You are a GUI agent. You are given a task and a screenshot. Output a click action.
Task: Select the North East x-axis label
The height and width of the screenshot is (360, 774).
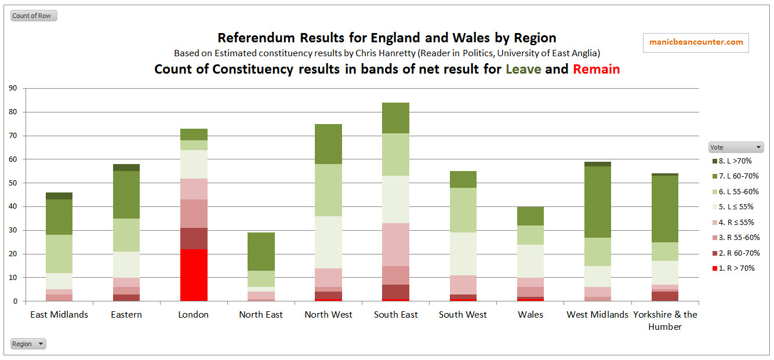pos(261,315)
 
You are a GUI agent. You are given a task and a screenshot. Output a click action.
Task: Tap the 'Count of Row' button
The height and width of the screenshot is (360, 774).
pos(34,16)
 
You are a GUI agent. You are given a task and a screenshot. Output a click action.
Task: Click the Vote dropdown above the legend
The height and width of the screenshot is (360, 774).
pos(736,147)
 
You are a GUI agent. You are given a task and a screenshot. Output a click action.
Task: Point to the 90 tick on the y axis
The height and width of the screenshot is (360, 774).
pos(13,88)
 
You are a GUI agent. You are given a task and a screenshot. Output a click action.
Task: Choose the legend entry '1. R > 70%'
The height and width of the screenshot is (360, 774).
pos(735,268)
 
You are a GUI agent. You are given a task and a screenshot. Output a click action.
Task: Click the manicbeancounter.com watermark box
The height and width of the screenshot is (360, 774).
pos(696,42)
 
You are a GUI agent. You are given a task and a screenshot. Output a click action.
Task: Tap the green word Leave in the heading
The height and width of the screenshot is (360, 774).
pos(523,70)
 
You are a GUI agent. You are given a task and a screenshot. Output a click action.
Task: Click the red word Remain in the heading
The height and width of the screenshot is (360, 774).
pos(596,70)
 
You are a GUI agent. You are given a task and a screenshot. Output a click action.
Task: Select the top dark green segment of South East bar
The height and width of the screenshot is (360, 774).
pos(395,118)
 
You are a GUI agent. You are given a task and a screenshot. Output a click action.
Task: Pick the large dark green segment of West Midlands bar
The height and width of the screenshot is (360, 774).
pos(598,202)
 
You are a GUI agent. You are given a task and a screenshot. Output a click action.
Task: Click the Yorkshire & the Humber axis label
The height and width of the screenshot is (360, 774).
pos(665,320)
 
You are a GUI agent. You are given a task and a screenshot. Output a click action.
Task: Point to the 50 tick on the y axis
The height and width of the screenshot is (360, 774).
pos(13,183)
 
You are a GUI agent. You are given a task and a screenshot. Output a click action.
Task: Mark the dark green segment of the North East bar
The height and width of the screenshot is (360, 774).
pos(261,252)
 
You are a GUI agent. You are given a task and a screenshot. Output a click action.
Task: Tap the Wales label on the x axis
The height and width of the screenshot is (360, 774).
pos(530,315)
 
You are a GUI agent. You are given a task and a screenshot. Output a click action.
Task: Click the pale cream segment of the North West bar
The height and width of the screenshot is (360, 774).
pos(328,242)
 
